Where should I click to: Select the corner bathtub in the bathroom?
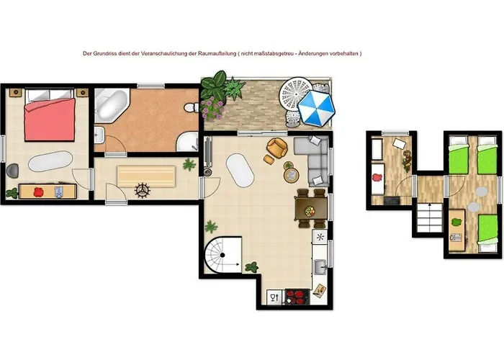(x=112, y=105)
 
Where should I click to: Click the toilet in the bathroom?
(x=192, y=107)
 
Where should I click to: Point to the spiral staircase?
(x=222, y=255)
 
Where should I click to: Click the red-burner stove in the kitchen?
(x=297, y=297)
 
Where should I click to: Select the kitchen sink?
(x=320, y=267)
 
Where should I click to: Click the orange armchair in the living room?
(x=276, y=148)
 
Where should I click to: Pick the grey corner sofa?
(x=315, y=160)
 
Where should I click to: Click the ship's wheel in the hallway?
(x=142, y=190)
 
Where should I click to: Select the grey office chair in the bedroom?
(x=12, y=170)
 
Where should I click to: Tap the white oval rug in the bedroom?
(x=50, y=161)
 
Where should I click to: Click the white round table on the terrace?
(x=295, y=94)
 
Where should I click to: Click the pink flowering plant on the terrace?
(x=212, y=109)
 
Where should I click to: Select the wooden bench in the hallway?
(x=146, y=176)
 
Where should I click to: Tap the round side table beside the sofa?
(x=291, y=176)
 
